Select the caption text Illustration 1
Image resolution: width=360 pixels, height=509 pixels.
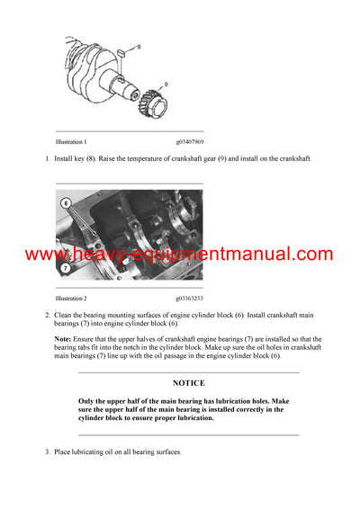tap(71, 142)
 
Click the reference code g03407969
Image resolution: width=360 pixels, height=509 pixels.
tap(189, 142)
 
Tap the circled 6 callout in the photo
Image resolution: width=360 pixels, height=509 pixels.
tap(66, 204)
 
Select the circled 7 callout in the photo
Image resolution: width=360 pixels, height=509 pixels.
tap(66, 268)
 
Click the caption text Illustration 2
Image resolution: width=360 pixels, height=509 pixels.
tap(71, 297)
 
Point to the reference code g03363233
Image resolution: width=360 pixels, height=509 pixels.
tap(189, 297)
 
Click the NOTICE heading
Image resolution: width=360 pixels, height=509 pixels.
tap(188, 383)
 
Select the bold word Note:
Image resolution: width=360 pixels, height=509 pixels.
tap(64, 338)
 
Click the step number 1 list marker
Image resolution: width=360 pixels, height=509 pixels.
tap(47, 158)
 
